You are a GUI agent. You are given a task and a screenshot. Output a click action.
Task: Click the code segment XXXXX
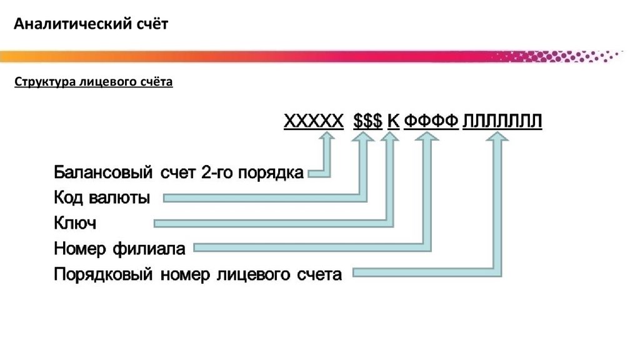314,121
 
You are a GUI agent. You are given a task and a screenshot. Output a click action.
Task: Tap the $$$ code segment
367,121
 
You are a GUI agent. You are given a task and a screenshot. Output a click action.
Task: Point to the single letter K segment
392,121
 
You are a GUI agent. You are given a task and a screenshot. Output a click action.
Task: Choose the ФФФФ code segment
431,121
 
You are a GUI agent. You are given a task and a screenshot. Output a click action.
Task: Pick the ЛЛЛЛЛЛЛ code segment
502,121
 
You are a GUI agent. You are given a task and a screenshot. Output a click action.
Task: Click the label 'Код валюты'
102,198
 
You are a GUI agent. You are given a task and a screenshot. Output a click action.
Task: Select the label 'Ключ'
75,223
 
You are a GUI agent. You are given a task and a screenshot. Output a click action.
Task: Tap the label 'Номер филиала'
119,249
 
